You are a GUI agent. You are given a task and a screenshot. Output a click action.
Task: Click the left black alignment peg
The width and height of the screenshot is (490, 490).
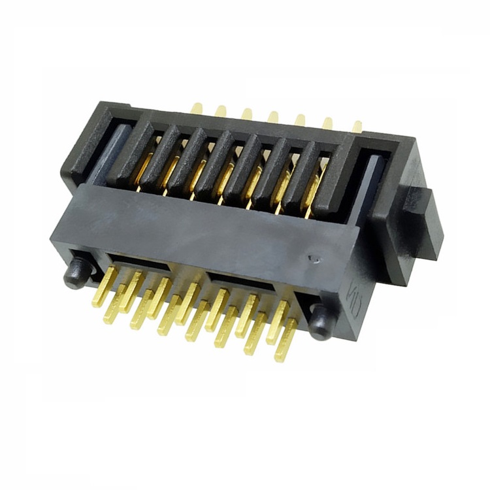(x=76, y=273)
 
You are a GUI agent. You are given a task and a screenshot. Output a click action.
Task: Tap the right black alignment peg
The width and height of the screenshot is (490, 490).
(x=320, y=322)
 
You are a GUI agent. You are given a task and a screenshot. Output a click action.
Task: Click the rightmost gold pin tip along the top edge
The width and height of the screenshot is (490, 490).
(x=357, y=126)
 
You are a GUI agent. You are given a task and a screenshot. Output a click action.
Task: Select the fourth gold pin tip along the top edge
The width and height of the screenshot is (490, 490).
(x=273, y=117)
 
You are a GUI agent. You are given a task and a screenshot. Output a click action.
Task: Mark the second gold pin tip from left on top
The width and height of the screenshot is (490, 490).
(x=221, y=110)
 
